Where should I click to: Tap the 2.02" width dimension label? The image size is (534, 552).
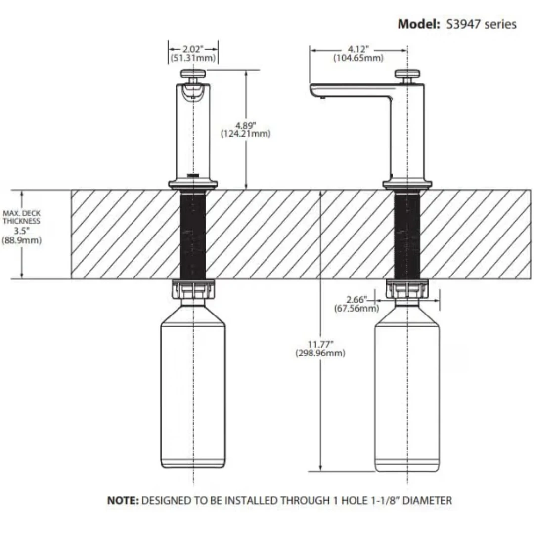point(193,49)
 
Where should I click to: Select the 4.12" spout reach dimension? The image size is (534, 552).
point(358,49)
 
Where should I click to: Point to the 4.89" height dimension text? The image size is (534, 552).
point(246,126)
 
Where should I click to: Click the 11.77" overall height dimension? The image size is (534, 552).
point(320,344)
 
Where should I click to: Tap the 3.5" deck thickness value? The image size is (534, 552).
point(21,231)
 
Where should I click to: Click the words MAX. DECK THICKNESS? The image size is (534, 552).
point(21,217)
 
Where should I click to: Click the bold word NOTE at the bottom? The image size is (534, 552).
point(123,500)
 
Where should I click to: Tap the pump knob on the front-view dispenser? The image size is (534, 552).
point(193,74)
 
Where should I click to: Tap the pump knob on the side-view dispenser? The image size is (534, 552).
point(407,74)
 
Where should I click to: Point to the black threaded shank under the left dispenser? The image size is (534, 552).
point(193,235)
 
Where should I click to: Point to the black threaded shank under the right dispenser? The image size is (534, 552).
point(407,235)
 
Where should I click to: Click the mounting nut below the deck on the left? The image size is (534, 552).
point(193,289)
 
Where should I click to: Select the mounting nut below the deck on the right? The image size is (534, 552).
point(407,289)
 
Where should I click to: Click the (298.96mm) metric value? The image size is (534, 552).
point(320,353)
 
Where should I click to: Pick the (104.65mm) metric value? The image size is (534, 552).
point(358,58)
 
